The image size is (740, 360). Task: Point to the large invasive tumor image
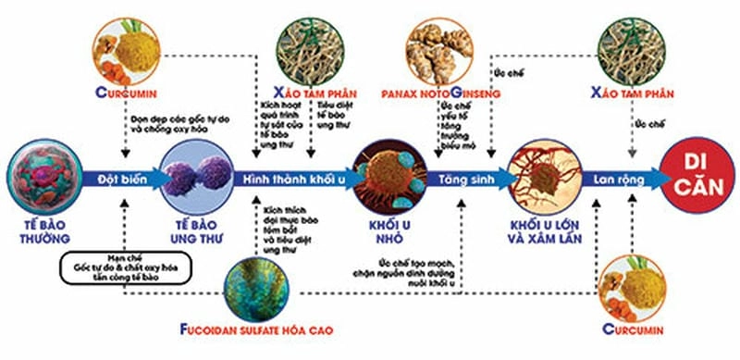tap(542, 176)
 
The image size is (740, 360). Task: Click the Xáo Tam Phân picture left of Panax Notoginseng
tap(311, 46)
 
